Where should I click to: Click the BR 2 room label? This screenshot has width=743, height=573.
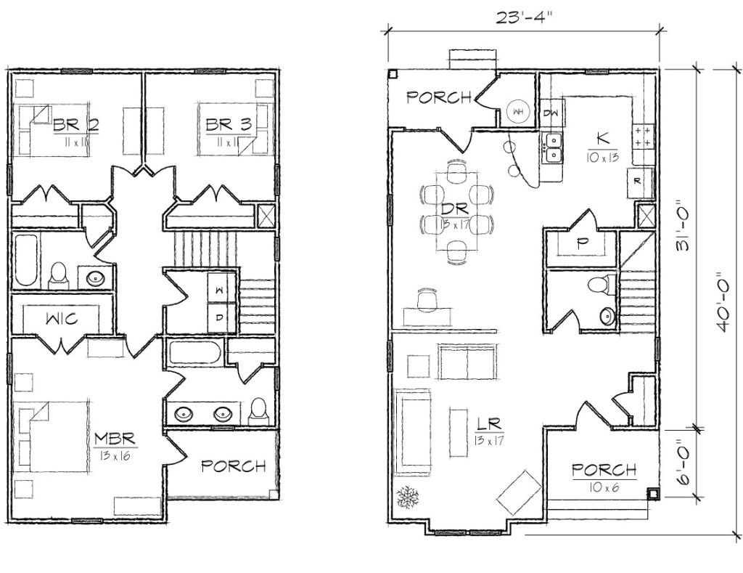(x=75, y=125)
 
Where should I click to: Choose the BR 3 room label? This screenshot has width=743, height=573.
(x=228, y=125)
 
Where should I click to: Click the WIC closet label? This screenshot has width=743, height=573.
(x=63, y=318)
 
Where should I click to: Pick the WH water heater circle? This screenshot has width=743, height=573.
(x=518, y=111)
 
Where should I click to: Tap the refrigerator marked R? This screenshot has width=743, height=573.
(x=636, y=182)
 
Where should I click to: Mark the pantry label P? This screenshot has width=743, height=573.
(x=580, y=244)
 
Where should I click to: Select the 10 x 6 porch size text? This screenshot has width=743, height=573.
(x=604, y=488)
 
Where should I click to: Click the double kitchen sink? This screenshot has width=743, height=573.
(x=553, y=147)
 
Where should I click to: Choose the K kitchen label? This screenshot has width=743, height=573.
(x=602, y=137)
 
